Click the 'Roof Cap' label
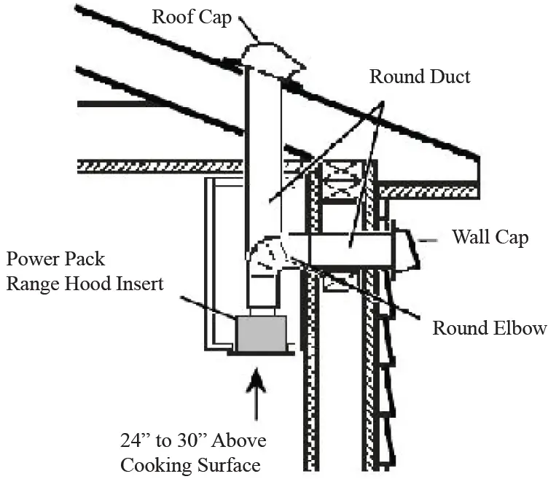click(192, 16)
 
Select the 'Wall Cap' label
click(490, 237)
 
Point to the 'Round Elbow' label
click(489, 328)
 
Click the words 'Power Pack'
click(56, 259)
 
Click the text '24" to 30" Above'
click(193, 441)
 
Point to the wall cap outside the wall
click(406, 248)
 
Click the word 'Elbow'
click(519, 328)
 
